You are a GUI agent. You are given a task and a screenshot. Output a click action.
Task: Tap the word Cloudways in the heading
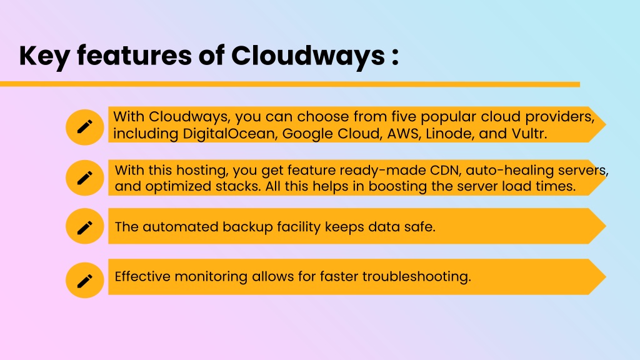pyautogui.click(x=307, y=56)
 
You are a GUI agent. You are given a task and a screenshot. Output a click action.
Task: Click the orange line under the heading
pyautogui.click(x=290, y=84)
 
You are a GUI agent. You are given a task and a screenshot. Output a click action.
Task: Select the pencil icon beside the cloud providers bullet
pyautogui.click(x=85, y=127)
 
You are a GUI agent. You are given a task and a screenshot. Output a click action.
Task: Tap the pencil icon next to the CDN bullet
pyautogui.click(x=85, y=178)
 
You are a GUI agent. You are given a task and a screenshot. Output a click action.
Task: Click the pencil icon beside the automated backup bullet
pyautogui.click(x=85, y=227)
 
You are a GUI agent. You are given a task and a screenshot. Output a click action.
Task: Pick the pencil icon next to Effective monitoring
pyautogui.click(x=85, y=281)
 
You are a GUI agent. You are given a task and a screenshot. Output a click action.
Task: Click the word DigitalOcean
pyautogui.click(x=229, y=134)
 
